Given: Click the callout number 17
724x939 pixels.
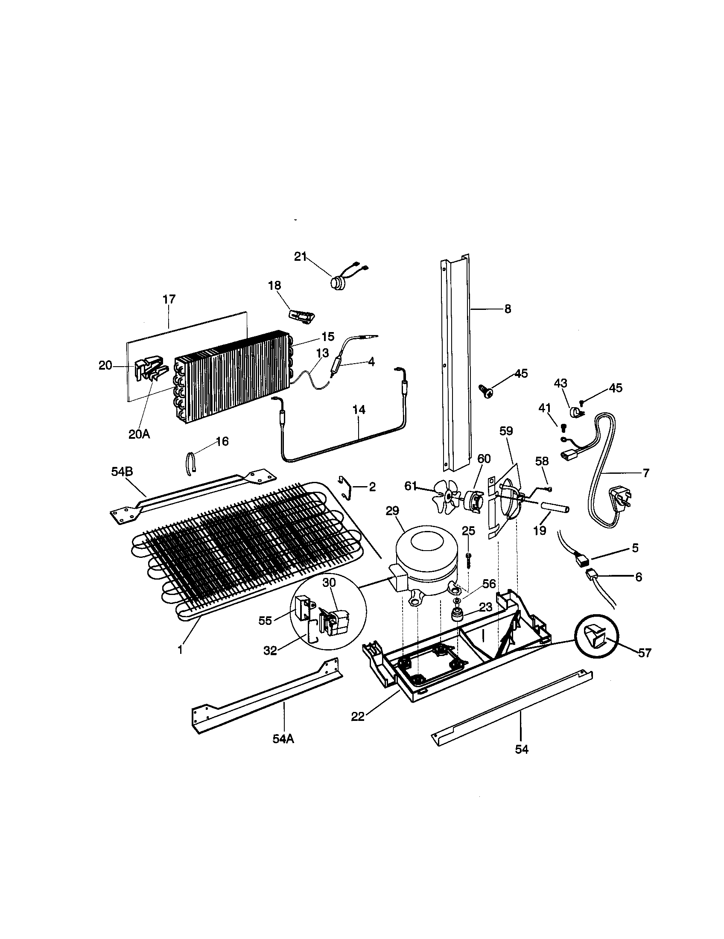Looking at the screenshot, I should [x=169, y=299].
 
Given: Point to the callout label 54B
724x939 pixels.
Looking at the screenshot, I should [x=122, y=471].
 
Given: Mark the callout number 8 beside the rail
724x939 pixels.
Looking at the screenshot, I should [x=508, y=309].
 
